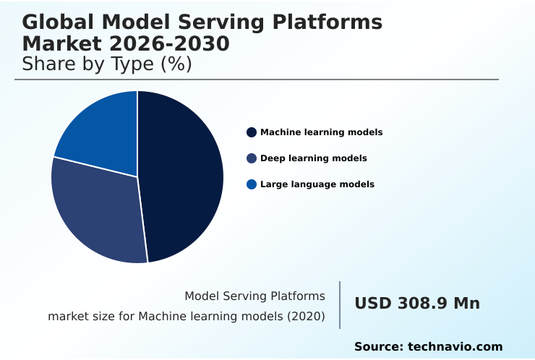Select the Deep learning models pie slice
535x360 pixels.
pyautogui.click(x=98, y=213)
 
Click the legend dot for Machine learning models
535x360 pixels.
pyautogui.click(x=252, y=132)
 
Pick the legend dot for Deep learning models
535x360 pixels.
pyautogui.click(x=252, y=158)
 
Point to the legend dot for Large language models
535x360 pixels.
pyautogui.click(x=252, y=184)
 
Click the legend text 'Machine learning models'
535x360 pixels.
pyautogui.click(x=321, y=132)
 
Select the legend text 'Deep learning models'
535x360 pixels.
pyautogui.click(x=313, y=158)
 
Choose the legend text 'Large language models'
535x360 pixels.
pyautogui.click(x=317, y=184)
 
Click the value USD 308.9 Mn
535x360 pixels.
pyautogui.click(x=416, y=304)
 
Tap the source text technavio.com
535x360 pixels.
pyautogui.click(x=455, y=347)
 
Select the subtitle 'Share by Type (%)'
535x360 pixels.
pyautogui.click(x=107, y=64)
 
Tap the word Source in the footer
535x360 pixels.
pyautogui.click(x=378, y=347)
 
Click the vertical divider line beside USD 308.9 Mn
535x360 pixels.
pyautogui.click(x=340, y=305)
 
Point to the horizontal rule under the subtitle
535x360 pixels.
pyautogui.click(x=257, y=80)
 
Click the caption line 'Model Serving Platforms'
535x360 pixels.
pyautogui.click(x=254, y=296)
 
